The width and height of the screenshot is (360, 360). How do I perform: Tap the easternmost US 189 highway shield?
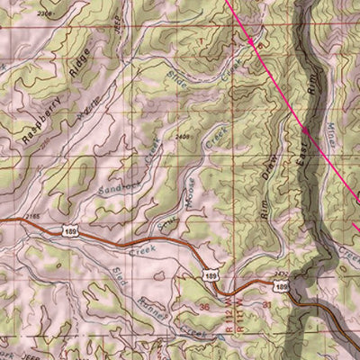[282, 285]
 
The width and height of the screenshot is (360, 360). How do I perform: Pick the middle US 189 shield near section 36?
[211, 274]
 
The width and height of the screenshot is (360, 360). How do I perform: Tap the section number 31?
[267, 305]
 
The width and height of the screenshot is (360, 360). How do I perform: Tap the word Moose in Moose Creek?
[192, 190]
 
